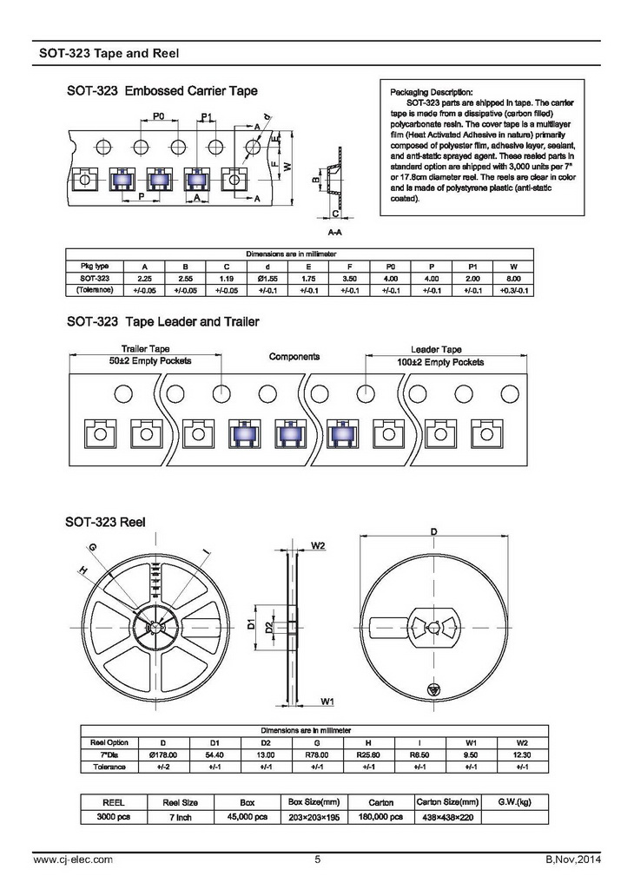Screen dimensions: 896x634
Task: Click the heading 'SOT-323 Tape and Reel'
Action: [x=109, y=53]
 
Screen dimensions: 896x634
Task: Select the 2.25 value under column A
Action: [x=145, y=278]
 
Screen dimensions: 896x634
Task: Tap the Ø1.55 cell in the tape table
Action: [x=267, y=278]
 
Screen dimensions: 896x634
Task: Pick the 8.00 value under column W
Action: [x=514, y=278]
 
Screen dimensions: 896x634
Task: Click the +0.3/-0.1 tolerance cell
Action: [x=514, y=290]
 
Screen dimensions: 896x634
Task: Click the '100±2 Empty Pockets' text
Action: [x=441, y=360]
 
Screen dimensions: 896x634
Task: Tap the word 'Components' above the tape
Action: [x=294, y=357]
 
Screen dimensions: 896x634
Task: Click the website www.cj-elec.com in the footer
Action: [x=72, y=860]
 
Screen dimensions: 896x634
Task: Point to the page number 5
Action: [x=317, y=860]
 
